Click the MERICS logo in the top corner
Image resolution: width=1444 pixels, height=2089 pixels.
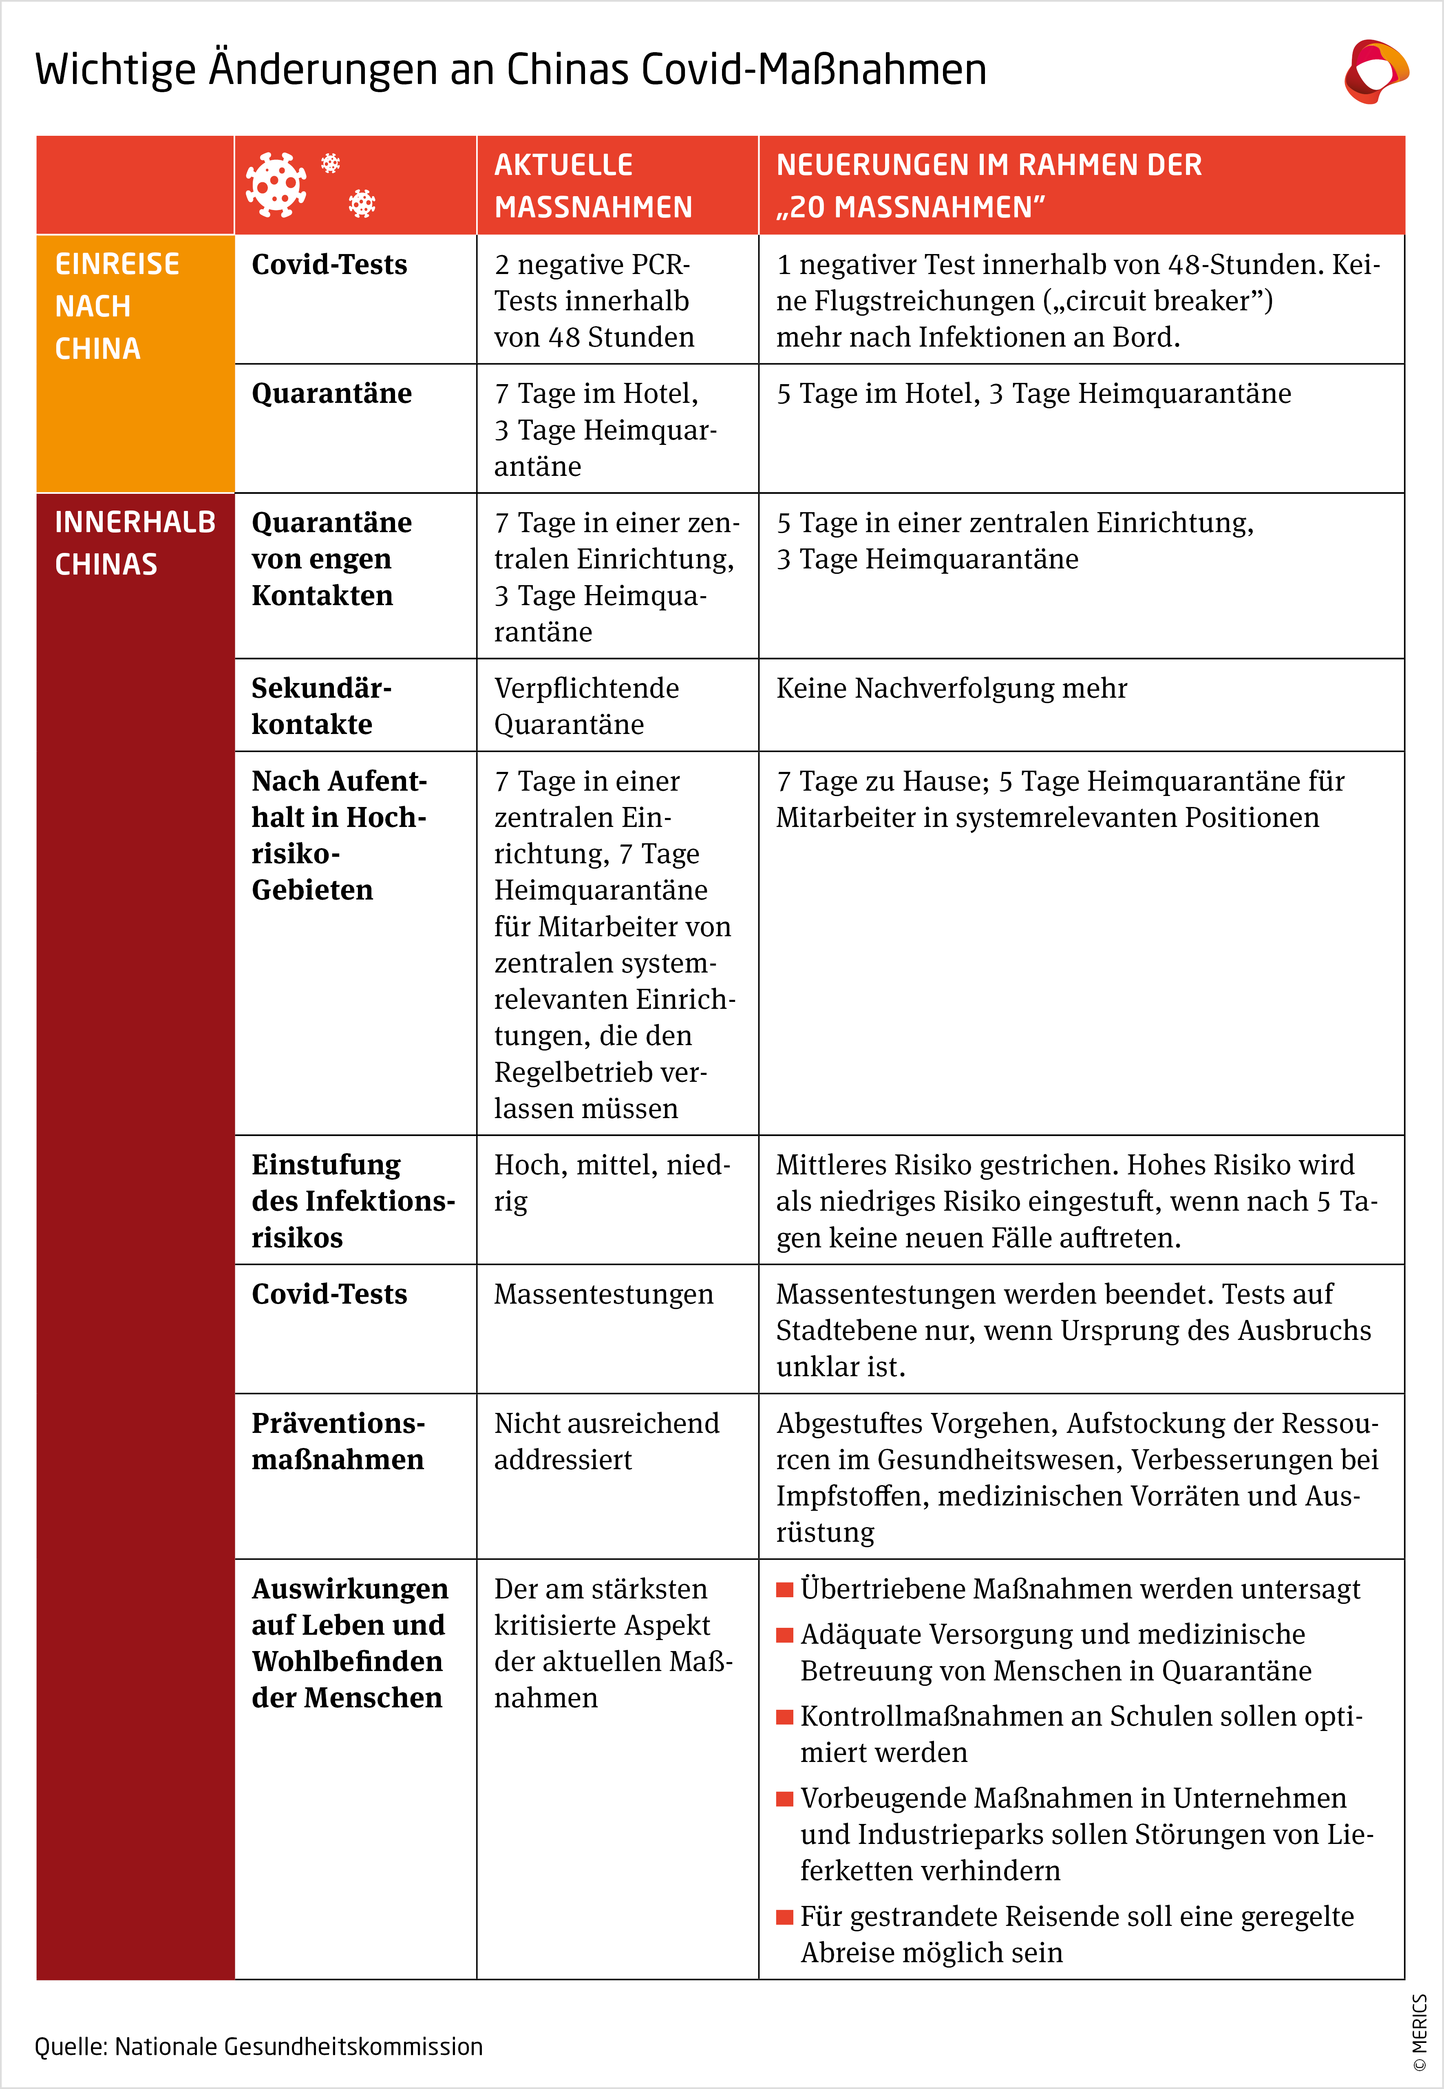tap(1375, 71)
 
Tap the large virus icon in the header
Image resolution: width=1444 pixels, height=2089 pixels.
tap(276, 185)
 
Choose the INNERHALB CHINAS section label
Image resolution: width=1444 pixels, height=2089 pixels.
tap(134, 543)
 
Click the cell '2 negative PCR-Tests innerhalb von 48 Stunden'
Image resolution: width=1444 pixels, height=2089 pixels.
tap(594, 301)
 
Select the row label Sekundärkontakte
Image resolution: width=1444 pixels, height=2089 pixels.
tap(321, 706)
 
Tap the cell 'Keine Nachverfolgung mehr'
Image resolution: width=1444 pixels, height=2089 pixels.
tap(951, 688)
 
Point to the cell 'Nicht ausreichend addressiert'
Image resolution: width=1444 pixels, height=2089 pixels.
tap(606, 1441)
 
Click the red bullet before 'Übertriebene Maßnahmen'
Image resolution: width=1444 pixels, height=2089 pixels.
tap(784, 1589)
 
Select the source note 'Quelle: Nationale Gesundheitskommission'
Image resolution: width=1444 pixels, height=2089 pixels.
tap(259, 2047)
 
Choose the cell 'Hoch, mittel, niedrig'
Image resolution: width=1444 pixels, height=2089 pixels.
tap(612, 1183)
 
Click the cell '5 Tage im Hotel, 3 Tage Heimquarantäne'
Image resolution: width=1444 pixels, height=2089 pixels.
tap(1033, 393)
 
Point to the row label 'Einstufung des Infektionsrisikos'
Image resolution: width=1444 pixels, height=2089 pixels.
tap(353, 1200)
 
